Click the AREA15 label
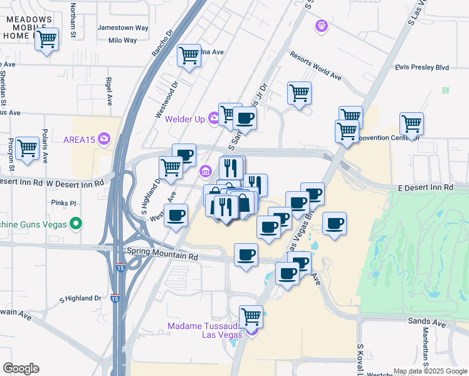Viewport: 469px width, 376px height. coord(78,139)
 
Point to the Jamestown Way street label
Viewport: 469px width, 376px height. coord(123,28)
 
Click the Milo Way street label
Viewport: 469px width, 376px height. coord(122,40)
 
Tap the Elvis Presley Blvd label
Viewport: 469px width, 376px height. coord(423,67)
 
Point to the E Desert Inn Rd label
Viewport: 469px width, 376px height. coord(426,187)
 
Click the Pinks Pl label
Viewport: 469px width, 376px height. coord(65,203)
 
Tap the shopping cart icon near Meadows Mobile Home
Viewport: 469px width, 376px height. coord(46,39)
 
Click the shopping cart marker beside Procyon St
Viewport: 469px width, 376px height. coord(27,149)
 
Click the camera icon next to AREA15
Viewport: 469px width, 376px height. coord(104,138)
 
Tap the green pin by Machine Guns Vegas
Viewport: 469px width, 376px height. coord(76,223)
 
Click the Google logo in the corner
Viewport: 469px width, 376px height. coord(21,368)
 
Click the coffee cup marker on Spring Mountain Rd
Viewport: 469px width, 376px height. coord(246,254)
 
